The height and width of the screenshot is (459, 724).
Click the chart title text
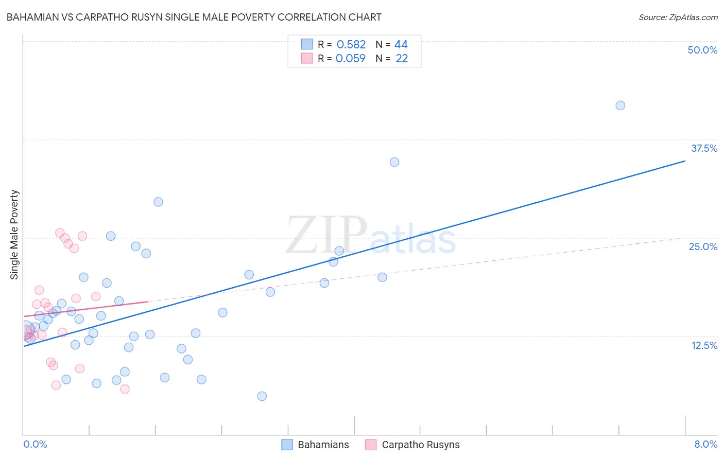(194, 17)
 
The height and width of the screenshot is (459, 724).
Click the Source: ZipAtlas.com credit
(678, 17)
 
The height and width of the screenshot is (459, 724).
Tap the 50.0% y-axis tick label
(702, 50)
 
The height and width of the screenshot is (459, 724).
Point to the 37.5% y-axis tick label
(703, 148)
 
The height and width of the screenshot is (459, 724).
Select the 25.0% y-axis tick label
(702, 246)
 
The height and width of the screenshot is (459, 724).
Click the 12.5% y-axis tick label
(704, 345)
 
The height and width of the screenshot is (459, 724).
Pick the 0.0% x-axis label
(35, 444)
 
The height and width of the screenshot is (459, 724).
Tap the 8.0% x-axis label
(705, 444)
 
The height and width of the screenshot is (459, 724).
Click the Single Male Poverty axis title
(14, 235)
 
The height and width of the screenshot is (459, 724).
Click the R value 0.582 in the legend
(351, 45)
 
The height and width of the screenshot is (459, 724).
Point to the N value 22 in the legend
(402, 59)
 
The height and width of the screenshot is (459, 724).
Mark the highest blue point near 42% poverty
(620, 105)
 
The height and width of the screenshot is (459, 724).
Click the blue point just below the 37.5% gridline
(394, 162)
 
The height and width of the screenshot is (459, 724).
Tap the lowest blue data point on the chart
(262, 396)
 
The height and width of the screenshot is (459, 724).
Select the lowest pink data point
(125, 389)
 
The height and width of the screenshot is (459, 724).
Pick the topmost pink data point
(60, 233)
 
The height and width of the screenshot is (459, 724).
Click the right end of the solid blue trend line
(685, 161)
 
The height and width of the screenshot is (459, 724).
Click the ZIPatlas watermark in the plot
(371, 236)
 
